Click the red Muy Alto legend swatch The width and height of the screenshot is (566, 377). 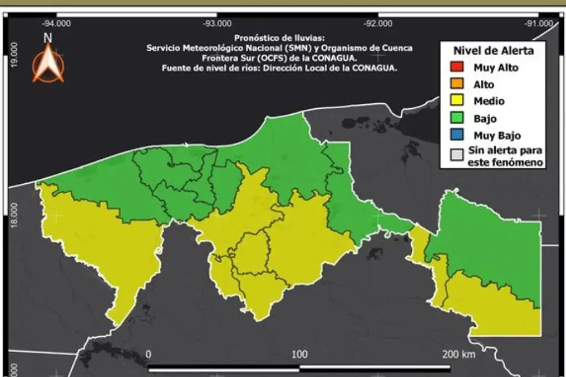(456, 68)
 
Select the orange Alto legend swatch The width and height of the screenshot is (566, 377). (456, 85)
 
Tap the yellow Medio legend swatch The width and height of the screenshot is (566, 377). (456, 102)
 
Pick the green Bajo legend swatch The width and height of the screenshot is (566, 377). (456, 118)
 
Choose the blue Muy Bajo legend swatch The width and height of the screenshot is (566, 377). (456, 135)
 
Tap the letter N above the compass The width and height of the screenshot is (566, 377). (48, 38)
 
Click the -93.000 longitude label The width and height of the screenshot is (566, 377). (217, 23)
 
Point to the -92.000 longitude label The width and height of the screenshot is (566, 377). (378, 23)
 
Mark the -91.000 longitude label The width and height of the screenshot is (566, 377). (539, 23)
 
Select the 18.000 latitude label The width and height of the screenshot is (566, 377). (15, 214)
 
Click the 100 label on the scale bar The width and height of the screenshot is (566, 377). (300, 354)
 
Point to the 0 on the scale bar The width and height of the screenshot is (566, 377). (148, 354)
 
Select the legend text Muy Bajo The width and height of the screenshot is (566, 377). (497, 135)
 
